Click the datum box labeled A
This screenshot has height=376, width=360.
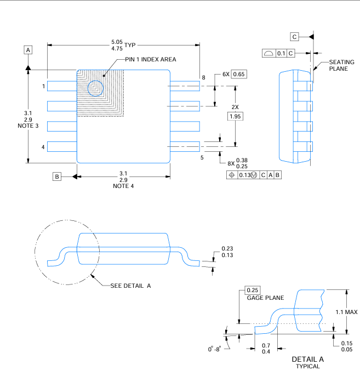28,49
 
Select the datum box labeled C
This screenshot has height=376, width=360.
294,37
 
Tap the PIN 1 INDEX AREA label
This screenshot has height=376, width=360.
150,59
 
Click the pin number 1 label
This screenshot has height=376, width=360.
43,87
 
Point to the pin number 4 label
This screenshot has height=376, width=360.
43,146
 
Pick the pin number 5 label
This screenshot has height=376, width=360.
202,157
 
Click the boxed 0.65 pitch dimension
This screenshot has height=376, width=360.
239,74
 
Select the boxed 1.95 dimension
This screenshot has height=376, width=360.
236,116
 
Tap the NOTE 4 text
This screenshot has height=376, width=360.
123,186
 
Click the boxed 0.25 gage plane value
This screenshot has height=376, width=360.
253,290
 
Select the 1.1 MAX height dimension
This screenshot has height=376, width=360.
346,312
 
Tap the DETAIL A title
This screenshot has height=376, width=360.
307,359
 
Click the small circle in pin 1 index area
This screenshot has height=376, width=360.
95,88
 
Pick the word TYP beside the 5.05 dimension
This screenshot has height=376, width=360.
130,44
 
